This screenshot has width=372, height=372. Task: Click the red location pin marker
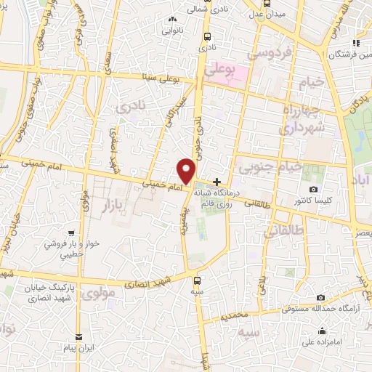click(187, 171)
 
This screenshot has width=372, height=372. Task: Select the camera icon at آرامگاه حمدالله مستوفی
click(321, 297)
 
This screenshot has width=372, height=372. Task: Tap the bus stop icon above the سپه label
click(197, 278)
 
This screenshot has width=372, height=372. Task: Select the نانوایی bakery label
click(172, 31)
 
